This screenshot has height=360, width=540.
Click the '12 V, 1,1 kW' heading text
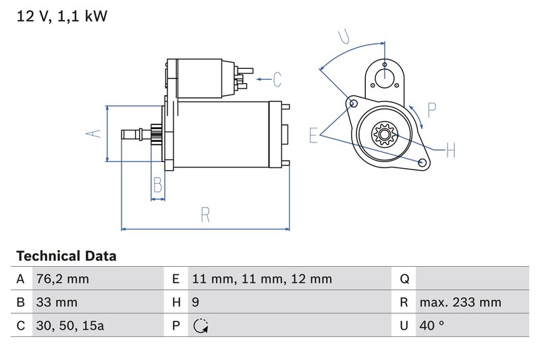coord(61,17)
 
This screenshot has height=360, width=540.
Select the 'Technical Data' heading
coord(66,256)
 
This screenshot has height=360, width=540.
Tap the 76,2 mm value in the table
coord(62,279)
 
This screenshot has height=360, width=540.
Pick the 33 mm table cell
coord(57,303)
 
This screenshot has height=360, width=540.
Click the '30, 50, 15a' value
coord(70,326)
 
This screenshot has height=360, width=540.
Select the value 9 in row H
coord(194,303)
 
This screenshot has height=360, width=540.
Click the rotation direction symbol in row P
coord(200,326)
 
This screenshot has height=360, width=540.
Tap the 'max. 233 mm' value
coord(460,303)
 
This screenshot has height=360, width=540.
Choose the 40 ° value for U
coord(432,326)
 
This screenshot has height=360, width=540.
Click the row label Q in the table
coord(404,279)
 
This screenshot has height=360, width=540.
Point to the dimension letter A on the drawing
coord(95,133)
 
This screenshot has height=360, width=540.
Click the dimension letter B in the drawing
coord(157,184)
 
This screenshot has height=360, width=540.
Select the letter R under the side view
coord(205,215)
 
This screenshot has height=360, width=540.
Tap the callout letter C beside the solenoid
coord(277,79)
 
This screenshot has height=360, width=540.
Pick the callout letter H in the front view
coord(450,150)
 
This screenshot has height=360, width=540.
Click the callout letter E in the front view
coord(313,135)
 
